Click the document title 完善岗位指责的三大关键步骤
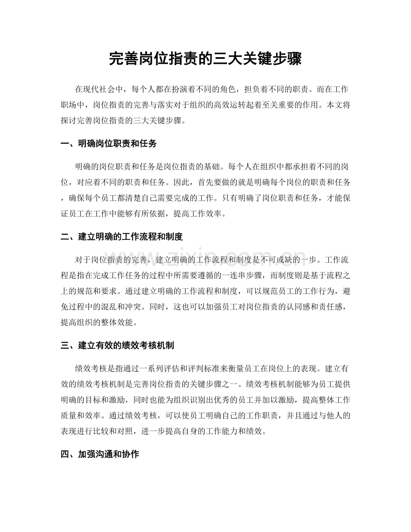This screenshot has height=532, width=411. (x=205, y=59)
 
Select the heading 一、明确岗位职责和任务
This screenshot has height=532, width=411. (x=108, y=144)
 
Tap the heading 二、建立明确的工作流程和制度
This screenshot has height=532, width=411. (x=122, y=236)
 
